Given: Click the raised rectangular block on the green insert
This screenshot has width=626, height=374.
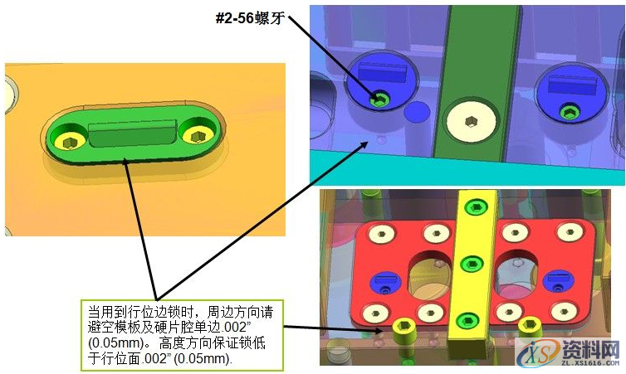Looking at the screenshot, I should [133, 133].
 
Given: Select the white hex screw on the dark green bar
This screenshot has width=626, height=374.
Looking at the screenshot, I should [470, 121].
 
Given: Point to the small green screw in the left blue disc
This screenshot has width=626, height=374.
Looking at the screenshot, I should [380, 99].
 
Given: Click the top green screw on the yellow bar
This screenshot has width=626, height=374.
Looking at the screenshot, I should [474, 206].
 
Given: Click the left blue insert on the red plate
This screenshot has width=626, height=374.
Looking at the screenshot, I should [384, 279].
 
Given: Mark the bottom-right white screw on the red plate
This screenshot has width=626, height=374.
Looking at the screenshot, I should [564, 312].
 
